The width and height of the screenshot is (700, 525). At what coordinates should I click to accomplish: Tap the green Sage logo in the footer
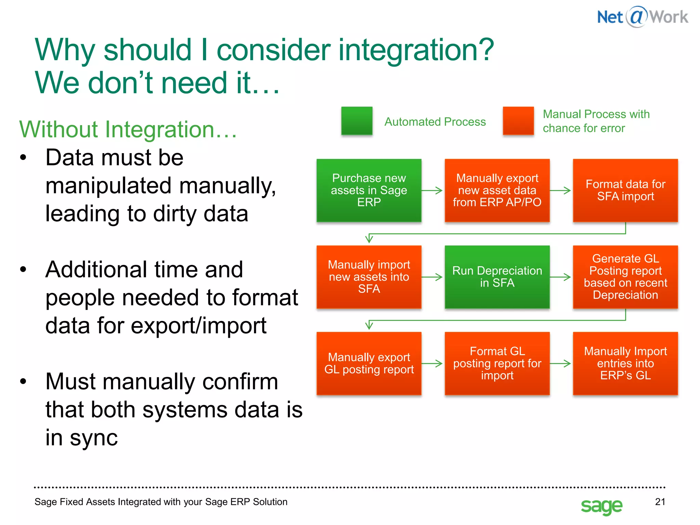(601, 506)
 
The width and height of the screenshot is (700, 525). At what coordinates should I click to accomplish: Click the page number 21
(660, 502)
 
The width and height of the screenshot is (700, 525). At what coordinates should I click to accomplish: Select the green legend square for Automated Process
(356, 121)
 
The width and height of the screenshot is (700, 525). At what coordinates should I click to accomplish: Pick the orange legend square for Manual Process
(518, 121)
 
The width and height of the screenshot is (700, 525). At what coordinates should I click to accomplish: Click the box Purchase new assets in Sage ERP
(369, 190)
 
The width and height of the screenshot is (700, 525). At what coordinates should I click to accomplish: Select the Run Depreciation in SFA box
(497, 277)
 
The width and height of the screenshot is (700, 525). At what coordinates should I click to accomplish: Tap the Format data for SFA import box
(625, 190)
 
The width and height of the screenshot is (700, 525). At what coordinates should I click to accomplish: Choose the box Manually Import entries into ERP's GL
(625, 363)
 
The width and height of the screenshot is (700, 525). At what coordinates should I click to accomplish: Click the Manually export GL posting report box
(369, 363)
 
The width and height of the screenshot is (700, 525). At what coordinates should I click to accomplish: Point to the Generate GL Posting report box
(625, 277)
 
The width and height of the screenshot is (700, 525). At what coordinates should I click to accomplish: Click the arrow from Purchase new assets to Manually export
(433, 190)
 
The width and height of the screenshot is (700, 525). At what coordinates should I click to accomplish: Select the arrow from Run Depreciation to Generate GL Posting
(561, 277)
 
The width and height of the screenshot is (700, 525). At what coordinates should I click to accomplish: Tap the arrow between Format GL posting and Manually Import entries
(561, 363)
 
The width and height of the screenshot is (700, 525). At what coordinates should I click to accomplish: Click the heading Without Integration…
(128, 130)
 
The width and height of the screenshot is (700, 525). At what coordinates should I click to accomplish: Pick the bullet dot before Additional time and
(23, 269)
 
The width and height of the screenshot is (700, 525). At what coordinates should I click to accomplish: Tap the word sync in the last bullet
(94, 438)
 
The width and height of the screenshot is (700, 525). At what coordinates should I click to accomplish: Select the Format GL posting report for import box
(497, 363)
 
